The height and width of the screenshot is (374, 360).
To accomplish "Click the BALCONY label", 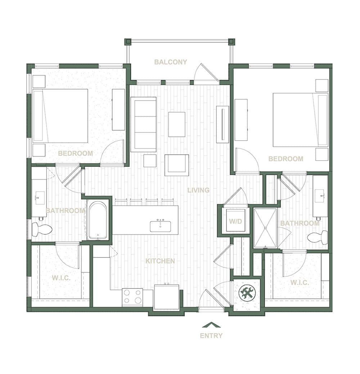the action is click(170, 62).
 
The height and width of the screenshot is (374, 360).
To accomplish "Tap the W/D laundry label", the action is click(236, 222).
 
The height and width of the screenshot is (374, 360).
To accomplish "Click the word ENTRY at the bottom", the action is click(211, 336).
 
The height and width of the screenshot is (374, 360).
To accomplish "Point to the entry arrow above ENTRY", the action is click(211, 325).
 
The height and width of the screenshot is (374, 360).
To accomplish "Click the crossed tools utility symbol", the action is click(247, 292).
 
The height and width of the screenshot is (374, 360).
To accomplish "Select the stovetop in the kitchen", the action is click(132, 297).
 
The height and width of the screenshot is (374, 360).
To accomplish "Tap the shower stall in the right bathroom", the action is click(265, 228).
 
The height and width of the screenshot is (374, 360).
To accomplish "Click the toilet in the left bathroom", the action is click(42, 229).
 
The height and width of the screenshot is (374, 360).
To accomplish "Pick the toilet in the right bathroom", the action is click(318, 238).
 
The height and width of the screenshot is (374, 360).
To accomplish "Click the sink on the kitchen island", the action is click(161, 226).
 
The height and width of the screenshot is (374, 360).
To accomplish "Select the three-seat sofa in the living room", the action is click(144, 124).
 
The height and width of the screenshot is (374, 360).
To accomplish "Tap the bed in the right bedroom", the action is click(300, 120).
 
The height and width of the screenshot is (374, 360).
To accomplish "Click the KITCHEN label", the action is click(160, 261).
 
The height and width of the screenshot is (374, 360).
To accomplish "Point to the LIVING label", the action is click(198, 190).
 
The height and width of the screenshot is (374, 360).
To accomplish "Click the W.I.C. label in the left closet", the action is click(61, 278).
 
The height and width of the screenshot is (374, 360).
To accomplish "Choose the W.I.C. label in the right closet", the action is click(300, 283).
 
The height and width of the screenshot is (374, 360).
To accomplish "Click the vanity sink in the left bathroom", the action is click(40, 198).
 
